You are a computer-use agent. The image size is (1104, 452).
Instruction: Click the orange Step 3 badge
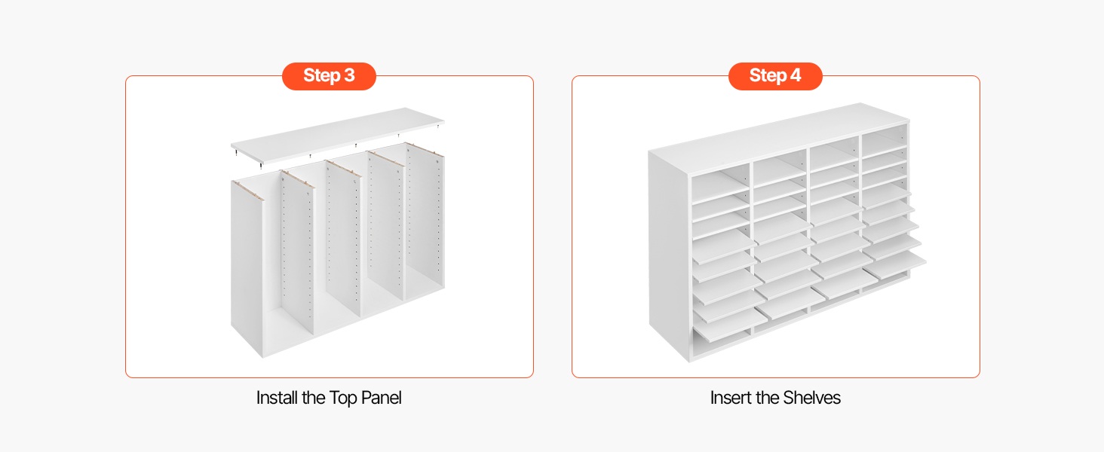click(x=329, y=76)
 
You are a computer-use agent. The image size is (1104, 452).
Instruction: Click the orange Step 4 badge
click(x=775, y=76)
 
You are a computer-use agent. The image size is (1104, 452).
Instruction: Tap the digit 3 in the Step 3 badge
click(x=349, y=75)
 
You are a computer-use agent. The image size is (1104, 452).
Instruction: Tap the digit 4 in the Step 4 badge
click(x=796, y=75)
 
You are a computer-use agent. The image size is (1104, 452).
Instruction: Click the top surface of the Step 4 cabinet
click(x=779, y=138)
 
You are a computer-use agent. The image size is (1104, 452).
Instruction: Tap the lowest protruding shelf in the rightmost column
click(x=894, y=266)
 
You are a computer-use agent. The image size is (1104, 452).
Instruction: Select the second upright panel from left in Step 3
click(x=297, y=251)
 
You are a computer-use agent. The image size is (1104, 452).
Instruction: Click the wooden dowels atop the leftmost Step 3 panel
click(x=248, y=191)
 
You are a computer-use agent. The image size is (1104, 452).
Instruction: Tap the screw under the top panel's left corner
click(x=236, y=153)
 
